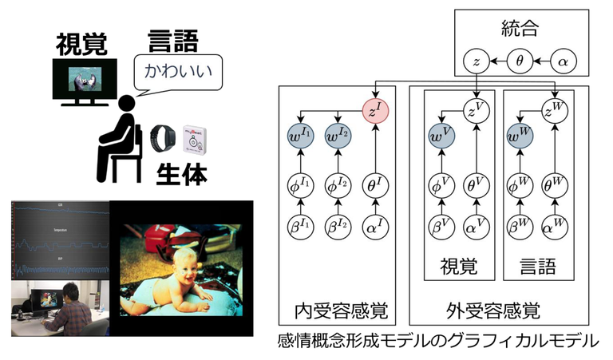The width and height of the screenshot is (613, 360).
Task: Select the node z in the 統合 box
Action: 477,59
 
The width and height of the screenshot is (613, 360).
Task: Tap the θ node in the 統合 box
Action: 520,59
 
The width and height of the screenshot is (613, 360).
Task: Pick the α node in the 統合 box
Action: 563,59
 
